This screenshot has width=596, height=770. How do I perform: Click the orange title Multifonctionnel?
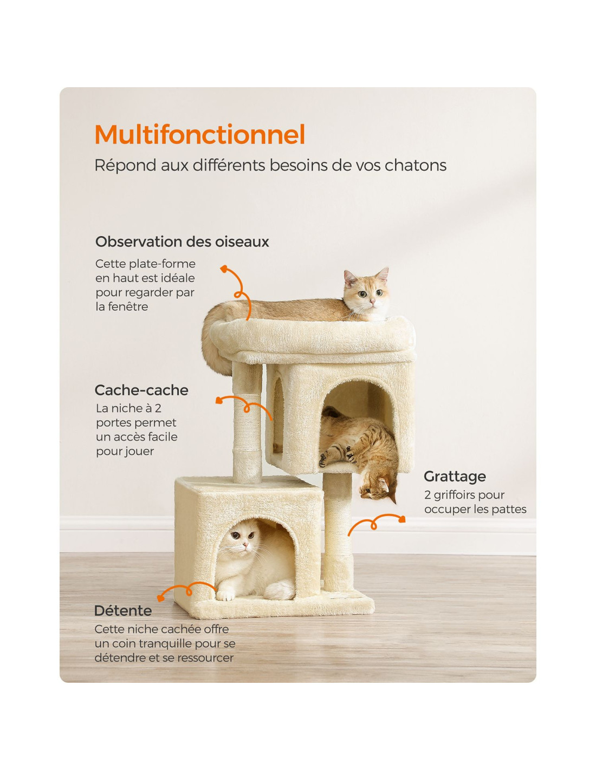(199, 135)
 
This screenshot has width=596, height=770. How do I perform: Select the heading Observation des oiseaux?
(182, 242)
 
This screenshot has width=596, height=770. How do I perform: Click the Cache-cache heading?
(141, 390)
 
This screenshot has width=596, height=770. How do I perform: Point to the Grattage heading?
(455, 477)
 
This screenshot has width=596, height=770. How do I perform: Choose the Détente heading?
(123, 611)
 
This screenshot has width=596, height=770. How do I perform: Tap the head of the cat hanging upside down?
(376, 487)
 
